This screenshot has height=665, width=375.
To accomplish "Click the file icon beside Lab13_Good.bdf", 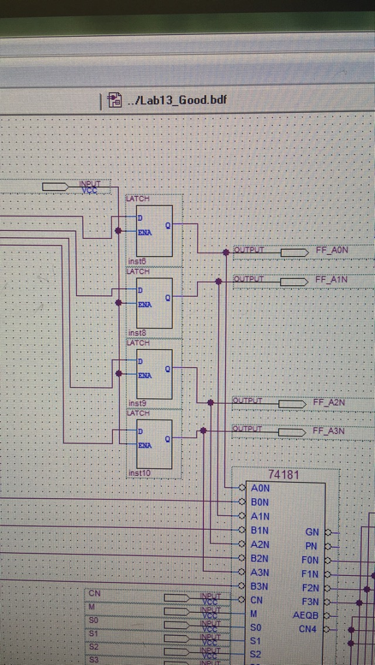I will coord(115,100).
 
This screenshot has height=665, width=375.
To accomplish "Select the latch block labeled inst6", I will coord(154,231).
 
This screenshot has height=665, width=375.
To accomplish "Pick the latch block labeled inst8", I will coord(154,303).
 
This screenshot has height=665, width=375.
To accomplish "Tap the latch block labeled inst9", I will coord(154,374).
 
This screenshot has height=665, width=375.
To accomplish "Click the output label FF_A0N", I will coord(332,250).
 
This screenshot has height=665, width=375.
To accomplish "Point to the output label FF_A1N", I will coord(331,280).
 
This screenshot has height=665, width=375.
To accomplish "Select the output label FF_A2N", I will coord(329,403).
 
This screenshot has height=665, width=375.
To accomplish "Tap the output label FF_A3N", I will coord(329,431).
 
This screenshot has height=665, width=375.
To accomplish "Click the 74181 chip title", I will coord(284,475).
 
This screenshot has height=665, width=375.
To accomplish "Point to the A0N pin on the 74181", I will coord(259,488).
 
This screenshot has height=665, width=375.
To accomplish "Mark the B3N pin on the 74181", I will coord(259,586).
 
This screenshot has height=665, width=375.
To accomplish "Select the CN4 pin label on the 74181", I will coord(309,629).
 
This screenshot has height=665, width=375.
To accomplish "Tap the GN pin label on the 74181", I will coord(312,532).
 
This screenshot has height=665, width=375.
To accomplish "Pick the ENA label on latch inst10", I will coord(144,445).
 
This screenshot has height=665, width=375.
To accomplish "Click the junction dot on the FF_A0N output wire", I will coord(226,252).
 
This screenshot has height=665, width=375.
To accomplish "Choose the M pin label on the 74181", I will coord(253,614).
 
